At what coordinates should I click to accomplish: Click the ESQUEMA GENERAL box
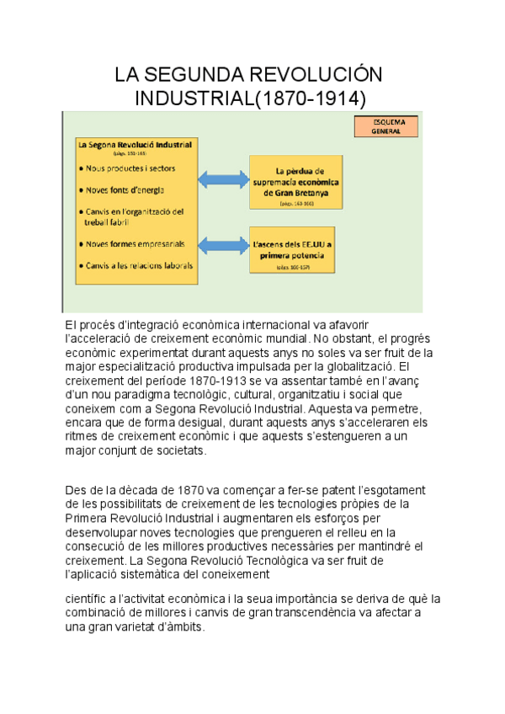tap(387, 127)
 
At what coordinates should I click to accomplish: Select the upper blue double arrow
tap(224, 178)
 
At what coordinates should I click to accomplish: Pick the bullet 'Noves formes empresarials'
tap(135, 244)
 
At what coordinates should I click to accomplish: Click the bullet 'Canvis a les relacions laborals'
tap(139, 265)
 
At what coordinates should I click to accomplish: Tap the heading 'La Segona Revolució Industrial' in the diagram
tap(135, 145)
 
